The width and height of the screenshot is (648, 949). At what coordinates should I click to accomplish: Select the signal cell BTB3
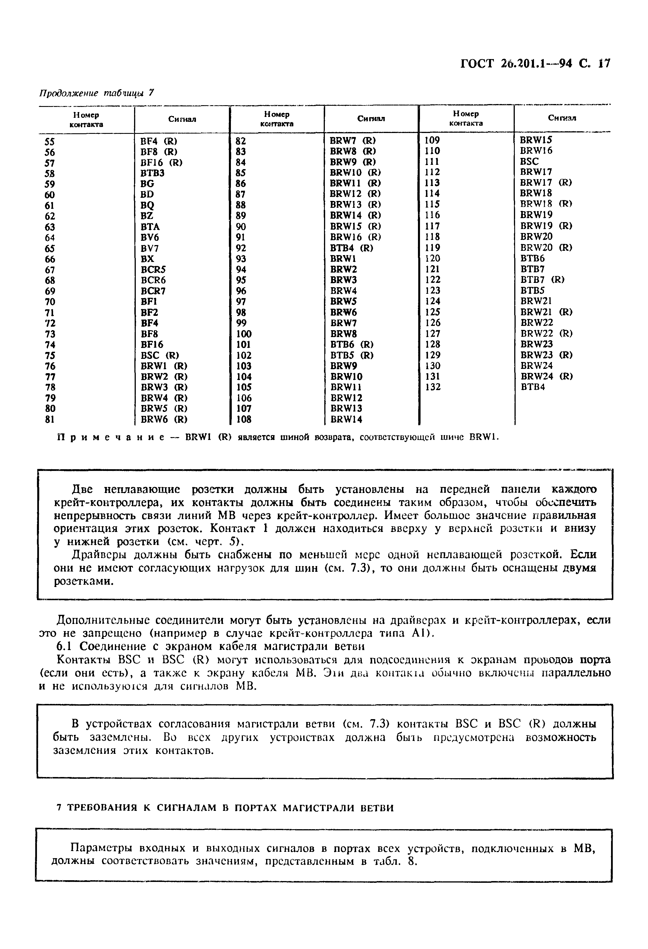pos(152,173)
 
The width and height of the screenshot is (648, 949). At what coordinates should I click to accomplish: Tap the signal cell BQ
pos(147,205)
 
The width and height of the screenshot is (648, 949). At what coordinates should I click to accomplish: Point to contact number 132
pos(433,387)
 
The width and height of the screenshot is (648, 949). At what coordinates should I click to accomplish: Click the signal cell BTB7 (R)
pos(542,280)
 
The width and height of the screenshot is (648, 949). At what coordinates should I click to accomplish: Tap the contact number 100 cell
pos(244,334)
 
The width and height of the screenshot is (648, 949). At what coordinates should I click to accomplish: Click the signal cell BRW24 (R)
pos(546,376)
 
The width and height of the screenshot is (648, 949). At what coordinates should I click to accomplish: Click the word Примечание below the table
pos(110,437)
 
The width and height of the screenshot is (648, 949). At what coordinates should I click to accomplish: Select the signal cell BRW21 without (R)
pos(536,301)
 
